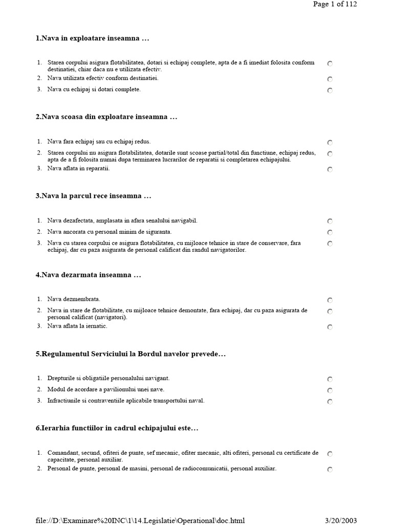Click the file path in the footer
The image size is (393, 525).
140,520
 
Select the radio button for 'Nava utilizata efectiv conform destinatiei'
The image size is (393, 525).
330,79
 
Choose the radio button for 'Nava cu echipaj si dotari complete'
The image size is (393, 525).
330,91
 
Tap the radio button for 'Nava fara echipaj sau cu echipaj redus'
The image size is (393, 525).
330,143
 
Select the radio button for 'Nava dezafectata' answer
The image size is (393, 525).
330,221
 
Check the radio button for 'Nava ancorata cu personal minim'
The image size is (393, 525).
330,233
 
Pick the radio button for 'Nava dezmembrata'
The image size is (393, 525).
330,300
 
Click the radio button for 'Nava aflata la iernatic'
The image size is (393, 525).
330,327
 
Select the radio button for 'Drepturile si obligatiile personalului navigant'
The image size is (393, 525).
330,379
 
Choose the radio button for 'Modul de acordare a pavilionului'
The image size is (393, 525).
330,391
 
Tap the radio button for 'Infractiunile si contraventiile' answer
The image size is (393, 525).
330,402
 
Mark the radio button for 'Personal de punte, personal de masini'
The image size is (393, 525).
330,470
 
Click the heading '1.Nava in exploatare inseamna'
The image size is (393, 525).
92,38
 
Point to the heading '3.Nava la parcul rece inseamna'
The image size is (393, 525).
94,196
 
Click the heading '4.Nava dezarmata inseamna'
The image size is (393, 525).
88,275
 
